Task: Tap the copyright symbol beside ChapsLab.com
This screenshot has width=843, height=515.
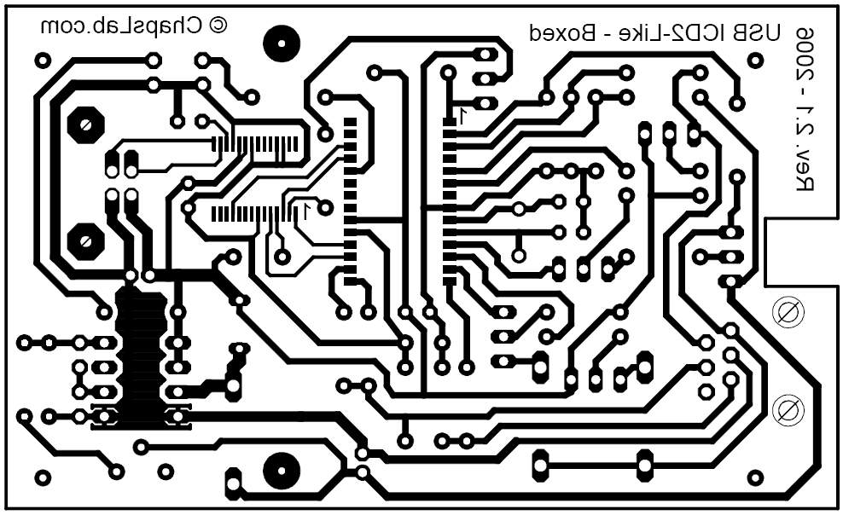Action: pyautogui.click(x=218, y=26)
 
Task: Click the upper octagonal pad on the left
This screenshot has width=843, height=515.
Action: pyautogui.click(x=85, y=126)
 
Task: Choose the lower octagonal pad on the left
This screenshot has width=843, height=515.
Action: pyautogui.click(x=85, y=241)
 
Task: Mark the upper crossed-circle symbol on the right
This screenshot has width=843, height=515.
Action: pyautogui.click(x=788, y=311)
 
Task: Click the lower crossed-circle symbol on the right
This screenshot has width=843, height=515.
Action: pyautogui.click(x=788, y=410)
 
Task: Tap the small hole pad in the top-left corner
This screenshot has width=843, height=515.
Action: pyautogui.click(x=43, y=61)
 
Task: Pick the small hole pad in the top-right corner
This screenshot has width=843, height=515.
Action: pyautogui.click(x=754, y=61)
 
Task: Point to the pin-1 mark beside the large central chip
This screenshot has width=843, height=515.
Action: pyautogui.click(x=462, y=114)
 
